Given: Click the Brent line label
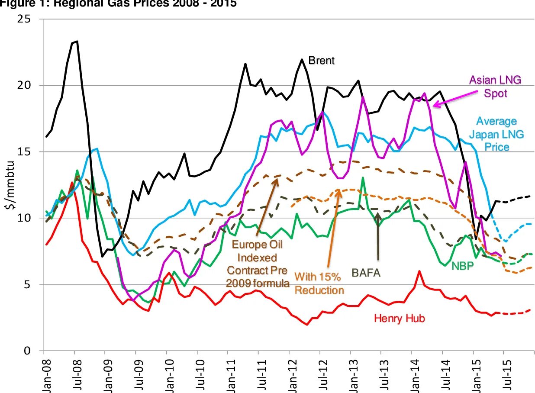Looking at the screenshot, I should (321, 60).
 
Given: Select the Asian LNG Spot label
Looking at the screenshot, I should (496, 86).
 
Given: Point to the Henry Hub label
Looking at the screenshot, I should (399, 319).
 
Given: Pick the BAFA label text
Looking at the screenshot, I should (368, 273).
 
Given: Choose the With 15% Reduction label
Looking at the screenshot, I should (319, 283).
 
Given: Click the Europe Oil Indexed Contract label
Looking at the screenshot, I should (257, 264).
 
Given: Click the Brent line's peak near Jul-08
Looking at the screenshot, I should (77, 42).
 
